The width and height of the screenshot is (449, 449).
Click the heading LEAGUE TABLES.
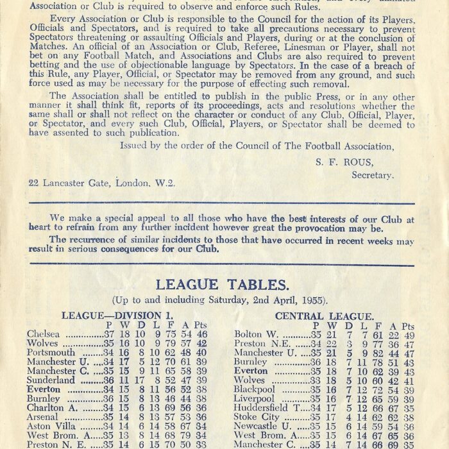[223, 284]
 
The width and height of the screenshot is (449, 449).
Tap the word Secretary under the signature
[372, 174]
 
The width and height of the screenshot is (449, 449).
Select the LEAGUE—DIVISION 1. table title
[117, 316]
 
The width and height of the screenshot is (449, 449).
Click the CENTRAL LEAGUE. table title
[324, 316]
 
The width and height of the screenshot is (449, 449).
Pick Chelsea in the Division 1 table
[44, 334]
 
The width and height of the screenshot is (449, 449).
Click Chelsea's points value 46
[201, 334]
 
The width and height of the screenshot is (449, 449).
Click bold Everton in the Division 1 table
[44, 389]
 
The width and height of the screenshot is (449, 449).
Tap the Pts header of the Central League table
[408, 325]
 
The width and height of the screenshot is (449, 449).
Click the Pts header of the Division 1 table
[201, 325]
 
